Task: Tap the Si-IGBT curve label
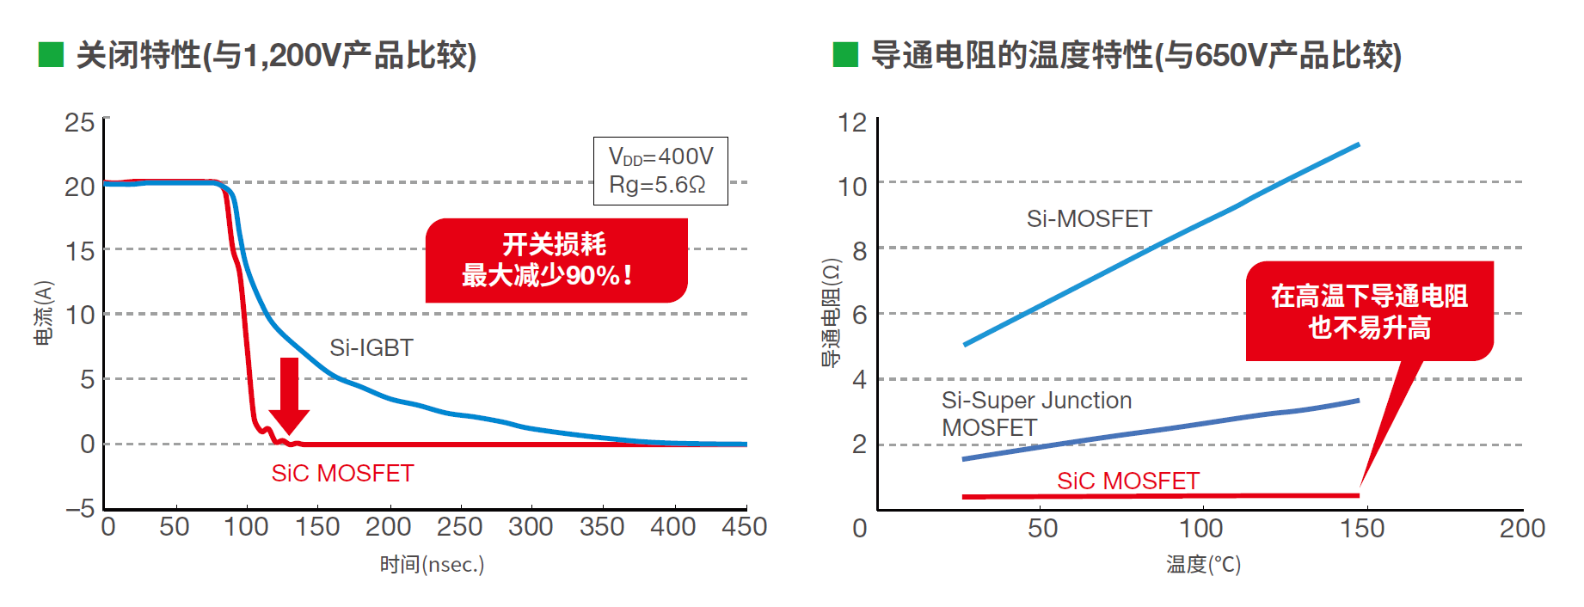coord(371,348)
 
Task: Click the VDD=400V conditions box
coord(660,171)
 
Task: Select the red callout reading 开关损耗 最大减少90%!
coord(556,261)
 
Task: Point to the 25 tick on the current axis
coord(80,123)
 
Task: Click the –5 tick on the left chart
coord(80,508)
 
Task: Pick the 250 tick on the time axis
coord(459,527)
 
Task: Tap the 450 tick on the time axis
coord(744,527)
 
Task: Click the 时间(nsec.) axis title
coord(432,565)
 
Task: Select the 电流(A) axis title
coord(44,313)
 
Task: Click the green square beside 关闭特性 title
coord(52,55)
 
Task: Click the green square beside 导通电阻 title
coord(845,55)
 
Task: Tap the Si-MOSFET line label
coord(1089,219)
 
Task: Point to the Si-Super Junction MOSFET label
coord(1036,414)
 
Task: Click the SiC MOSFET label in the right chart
coord(1127,481)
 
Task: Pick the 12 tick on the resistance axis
coord(852,123)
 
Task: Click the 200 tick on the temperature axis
coord(1522,528)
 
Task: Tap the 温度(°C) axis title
coord(1203,565)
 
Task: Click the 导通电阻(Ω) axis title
coord(831,313)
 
